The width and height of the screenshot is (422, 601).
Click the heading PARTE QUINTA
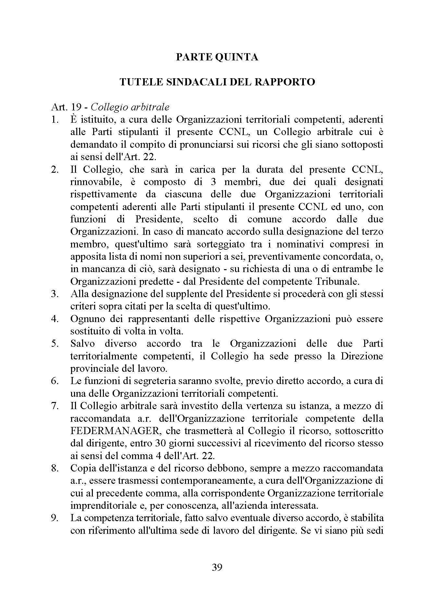(217, 57)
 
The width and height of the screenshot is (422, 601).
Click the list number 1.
(55, 119)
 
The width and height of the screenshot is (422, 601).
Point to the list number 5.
(55, 344)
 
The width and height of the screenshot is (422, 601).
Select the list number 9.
(55, 519)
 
